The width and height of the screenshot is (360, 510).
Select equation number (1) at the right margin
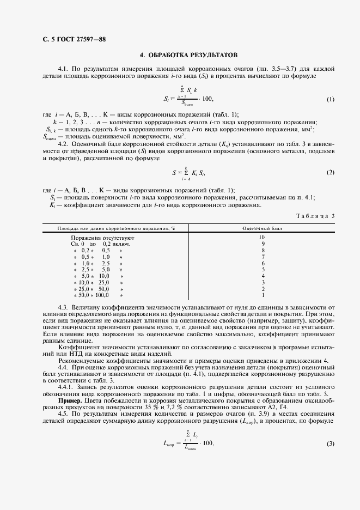click(x=330, y=99)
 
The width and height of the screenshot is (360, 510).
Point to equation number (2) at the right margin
click(x=330, y=172)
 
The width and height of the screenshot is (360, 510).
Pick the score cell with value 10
click(x=261, y=238)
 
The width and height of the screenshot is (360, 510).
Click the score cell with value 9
click(x=261, y=244)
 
